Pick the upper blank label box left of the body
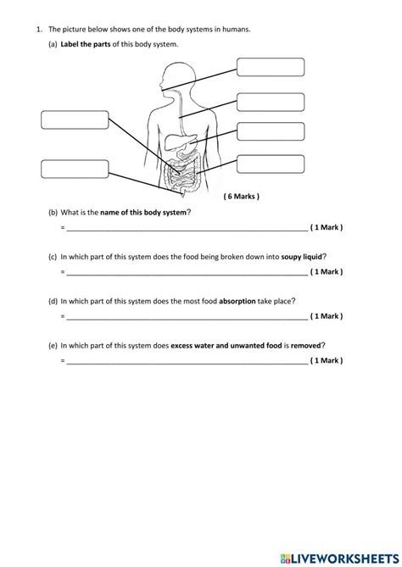tap(75, 120)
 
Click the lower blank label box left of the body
tap(75, 168)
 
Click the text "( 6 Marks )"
tap(242, 196)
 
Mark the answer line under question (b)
tap(187, 229)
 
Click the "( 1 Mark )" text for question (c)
tap(327, 272)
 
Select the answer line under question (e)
tap(187, 361)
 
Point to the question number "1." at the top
tap(39, 29)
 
